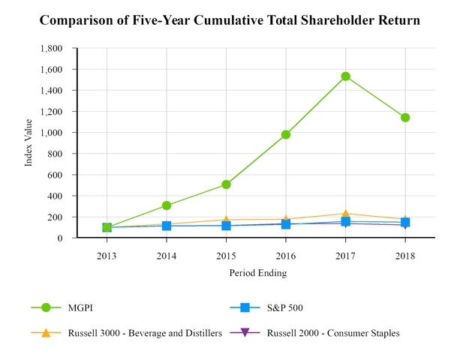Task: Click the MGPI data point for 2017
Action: [345, 76]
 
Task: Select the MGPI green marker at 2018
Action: [405, 118]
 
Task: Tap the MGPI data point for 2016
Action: [286, 135]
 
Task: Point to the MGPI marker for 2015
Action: [226, 184]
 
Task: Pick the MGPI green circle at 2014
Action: [167, 205]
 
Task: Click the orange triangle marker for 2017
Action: [345, 214]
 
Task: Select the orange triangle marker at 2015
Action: [226, 220]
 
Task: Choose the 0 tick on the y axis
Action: [69, 238]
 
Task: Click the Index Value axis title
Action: [29, 143]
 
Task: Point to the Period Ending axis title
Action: [257, 273]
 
